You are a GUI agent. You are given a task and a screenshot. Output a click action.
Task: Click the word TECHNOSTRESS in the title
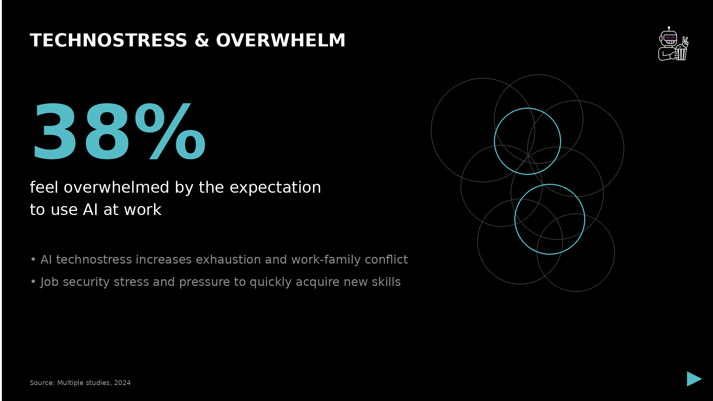coord(108,40)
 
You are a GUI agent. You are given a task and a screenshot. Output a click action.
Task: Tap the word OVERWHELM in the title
coord(281,40)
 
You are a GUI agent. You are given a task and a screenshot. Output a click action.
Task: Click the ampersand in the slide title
coord(202,40)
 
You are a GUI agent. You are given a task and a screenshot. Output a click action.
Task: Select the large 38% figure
coord(119,132)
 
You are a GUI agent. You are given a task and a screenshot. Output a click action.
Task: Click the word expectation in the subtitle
coord(275,188)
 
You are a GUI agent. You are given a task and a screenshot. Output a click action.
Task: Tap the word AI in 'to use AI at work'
coord(91,210)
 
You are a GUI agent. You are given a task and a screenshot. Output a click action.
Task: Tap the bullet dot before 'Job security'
coord(33,282)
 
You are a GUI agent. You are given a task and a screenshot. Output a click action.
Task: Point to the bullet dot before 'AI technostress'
coord(33,259)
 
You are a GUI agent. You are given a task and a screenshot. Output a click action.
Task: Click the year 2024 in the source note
coord(123,383)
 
